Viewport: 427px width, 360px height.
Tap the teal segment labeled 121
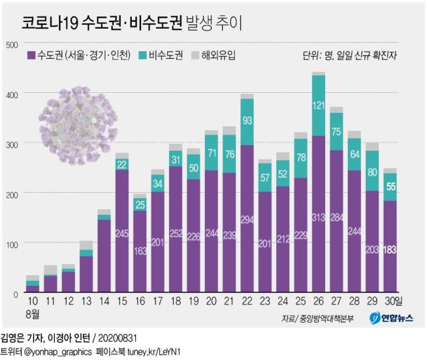click(318, 106)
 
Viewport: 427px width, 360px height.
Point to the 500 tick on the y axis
click(12, 44)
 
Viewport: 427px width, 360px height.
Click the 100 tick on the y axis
click(12, 243)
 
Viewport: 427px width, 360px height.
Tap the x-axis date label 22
click(246, 301)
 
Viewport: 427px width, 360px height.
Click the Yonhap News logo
click(391, 319)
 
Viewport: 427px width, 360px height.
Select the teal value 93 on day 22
click(246, 121)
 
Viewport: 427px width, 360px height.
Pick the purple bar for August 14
click(104, 256)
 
